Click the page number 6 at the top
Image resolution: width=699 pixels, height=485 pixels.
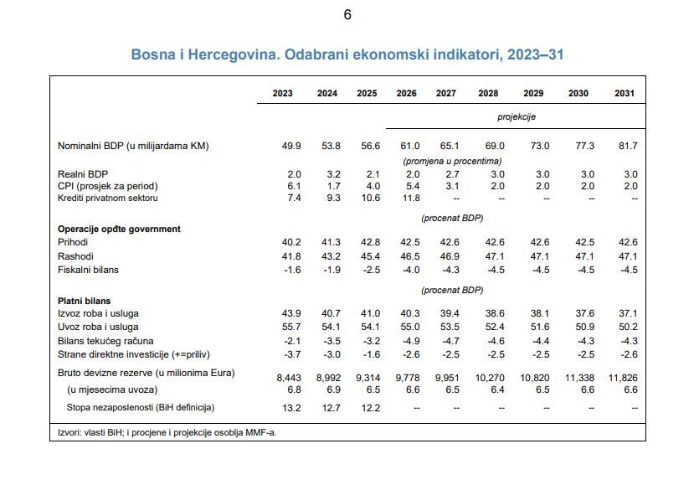tap(347, 15)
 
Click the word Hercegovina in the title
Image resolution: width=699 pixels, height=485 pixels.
tap(234, 54)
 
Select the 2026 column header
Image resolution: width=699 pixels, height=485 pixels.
tap(407, 93)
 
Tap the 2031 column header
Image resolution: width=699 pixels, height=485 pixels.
tap(624, 93)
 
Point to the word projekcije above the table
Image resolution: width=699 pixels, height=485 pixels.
tap(517, 117)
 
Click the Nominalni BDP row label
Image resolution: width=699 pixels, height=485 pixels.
tap(133, 146)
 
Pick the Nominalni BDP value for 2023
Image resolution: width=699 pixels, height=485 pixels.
tap(291, 146)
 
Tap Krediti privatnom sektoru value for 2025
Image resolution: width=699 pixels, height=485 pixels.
tap(371, 198)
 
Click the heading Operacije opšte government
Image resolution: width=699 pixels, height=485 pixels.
tap(119, 229)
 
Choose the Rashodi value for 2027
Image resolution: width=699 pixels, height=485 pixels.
tap(450, 256)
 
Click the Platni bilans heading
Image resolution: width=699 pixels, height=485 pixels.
tap(85, 301)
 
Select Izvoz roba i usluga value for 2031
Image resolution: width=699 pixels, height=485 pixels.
tap(628, 313)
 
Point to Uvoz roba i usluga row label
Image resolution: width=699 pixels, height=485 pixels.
tap(98, 327)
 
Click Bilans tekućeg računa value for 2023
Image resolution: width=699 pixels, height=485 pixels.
tap(292, 341)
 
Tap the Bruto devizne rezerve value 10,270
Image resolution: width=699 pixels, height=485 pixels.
tap(490, 378)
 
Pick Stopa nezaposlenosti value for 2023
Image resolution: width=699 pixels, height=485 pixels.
tap(291, 408)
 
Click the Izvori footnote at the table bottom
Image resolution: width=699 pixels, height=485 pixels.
tap(167, 432)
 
